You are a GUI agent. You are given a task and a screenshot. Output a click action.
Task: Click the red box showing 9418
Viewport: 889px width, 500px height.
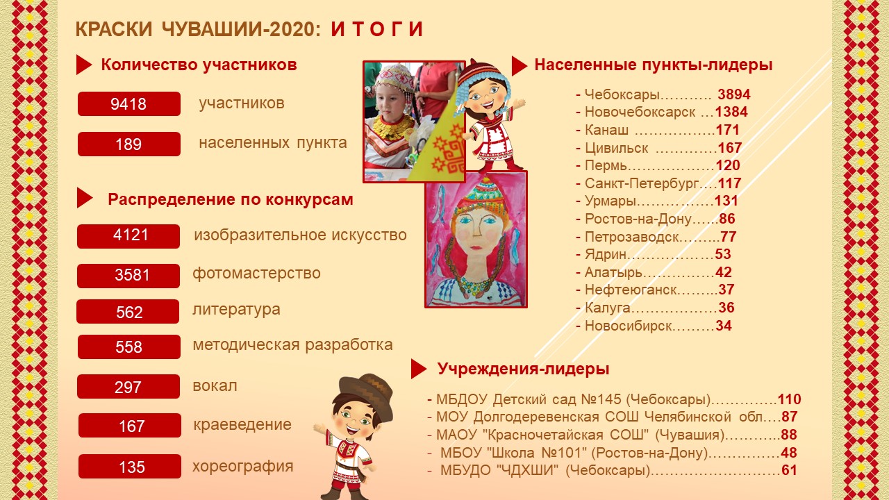click(129, 104)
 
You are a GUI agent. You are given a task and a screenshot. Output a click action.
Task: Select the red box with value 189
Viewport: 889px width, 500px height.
click(129, 144)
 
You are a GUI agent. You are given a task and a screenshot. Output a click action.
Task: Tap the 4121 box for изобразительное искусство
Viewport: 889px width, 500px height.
click(128, 237)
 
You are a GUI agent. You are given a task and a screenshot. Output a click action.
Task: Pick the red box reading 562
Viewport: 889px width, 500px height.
click(128, 312)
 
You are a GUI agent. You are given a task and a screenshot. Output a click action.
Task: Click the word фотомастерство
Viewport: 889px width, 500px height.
click(256, 274)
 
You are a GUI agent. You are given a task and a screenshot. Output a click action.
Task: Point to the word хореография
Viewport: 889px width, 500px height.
click(243, 467)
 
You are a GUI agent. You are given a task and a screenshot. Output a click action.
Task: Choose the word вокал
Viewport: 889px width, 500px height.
click(215, 385)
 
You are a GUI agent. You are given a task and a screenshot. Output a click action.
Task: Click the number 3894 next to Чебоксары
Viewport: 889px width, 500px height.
click(734, 94)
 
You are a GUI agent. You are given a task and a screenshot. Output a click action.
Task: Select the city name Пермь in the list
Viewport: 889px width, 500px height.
click(606, 165)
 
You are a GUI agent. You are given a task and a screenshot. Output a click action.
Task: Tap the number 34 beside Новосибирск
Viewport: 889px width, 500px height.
click(724, 326)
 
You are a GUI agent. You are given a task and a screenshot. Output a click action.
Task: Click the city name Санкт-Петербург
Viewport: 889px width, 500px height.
click(642, 183)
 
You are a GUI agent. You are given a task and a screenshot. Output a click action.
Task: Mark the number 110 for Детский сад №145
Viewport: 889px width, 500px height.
click(789, 399)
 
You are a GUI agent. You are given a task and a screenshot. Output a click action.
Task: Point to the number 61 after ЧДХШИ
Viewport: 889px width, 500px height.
click(789, 470)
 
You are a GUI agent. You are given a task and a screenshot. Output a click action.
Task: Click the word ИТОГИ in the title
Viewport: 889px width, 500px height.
click(376, 29)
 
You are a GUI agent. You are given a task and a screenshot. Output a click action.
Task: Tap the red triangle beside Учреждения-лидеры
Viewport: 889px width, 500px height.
click(419, 369)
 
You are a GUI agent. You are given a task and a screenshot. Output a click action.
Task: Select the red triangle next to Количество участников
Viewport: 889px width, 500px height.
click(84, 65)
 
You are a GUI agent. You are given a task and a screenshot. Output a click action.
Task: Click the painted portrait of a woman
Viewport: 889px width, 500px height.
click(476, 240)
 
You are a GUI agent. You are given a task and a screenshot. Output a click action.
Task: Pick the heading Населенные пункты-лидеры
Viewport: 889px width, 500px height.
click(654, 65)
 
